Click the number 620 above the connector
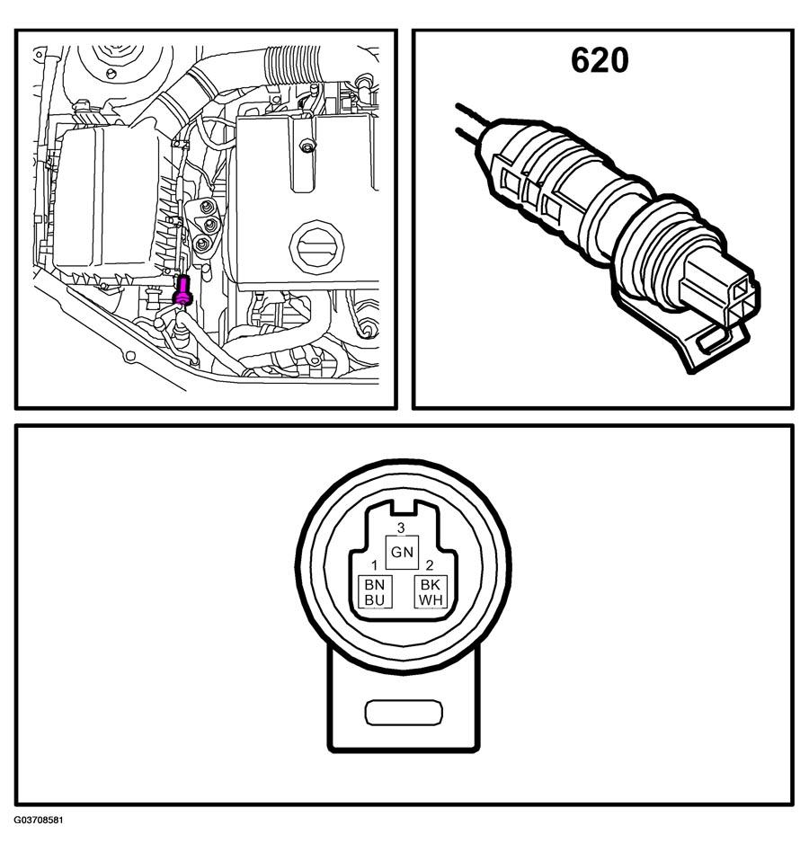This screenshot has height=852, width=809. coord(600,60)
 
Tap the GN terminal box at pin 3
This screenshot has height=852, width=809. coord(402,552)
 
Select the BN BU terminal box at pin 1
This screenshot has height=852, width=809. coord(373,592)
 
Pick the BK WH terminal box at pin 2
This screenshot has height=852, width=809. coord(431,592)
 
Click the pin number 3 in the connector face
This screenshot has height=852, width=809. coord(401,528)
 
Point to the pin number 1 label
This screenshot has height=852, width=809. coord(373,566)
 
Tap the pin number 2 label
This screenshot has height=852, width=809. coord(430,566)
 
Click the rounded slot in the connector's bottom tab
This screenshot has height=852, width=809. coord(404,714)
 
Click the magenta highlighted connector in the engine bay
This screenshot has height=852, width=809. coord(183,290)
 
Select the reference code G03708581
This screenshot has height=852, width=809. coord(39,821)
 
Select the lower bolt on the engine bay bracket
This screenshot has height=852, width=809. coord(203,243)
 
